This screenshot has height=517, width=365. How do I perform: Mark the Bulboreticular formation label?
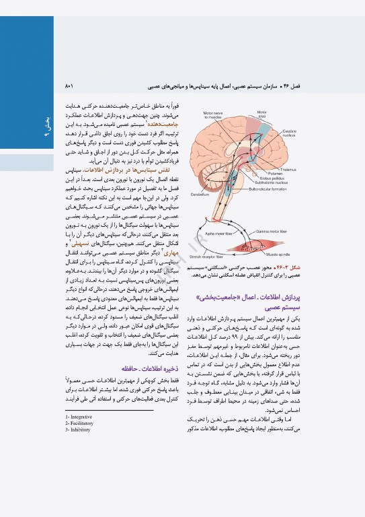tap(276, 189)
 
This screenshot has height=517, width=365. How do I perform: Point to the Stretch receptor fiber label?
tap(206, 256)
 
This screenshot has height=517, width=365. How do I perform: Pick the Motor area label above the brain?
tap(262, 114)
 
